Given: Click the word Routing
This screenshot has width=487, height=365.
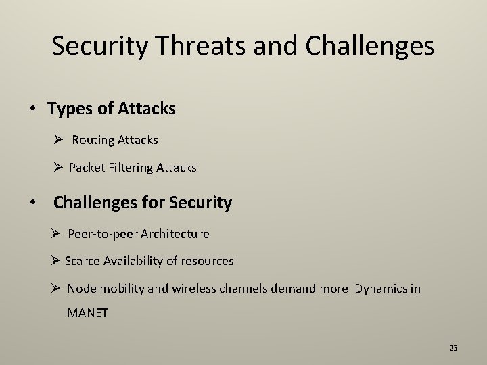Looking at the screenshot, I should (93, 140).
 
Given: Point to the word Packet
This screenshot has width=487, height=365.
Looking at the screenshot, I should (87, 167).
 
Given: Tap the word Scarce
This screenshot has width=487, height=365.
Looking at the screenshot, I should (82, 261).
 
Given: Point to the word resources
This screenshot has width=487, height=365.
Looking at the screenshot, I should (207, 261).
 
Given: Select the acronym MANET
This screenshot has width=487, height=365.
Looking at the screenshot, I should (88, 313).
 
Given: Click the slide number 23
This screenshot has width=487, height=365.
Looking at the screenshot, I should (453, 348).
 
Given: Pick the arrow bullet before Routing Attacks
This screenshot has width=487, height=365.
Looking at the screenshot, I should (59, 140).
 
